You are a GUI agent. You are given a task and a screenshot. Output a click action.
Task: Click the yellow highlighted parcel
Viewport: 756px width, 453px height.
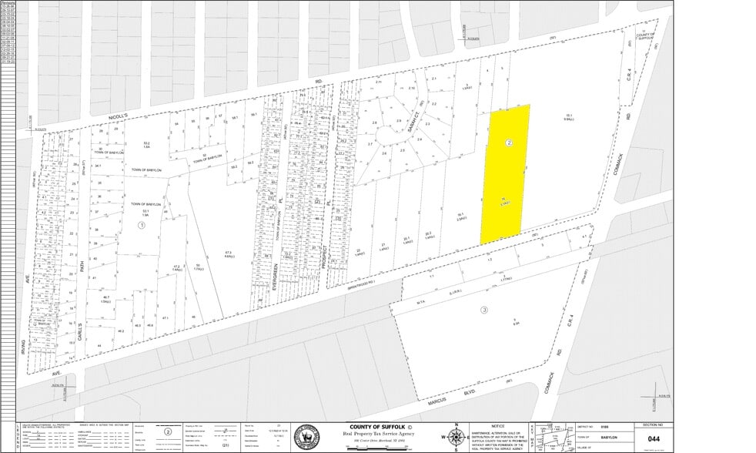(505, 173)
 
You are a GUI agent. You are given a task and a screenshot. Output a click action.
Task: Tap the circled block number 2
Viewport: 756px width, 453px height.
(509, 143)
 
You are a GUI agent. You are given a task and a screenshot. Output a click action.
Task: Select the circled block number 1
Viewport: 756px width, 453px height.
(141, 225)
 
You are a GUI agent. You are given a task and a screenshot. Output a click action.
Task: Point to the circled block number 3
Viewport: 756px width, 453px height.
(484, 310)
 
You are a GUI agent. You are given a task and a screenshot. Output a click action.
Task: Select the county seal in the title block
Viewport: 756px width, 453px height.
(308, 438)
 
